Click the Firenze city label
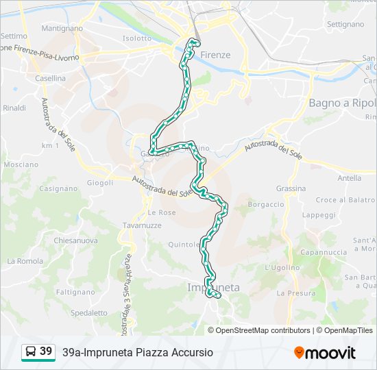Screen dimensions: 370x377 215,55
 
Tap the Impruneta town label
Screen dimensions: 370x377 213,288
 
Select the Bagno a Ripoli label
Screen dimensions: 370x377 342,103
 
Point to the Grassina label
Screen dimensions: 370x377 291,188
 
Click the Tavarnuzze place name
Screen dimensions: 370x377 143,225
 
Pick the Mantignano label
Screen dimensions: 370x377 62,29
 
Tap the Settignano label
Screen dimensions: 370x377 345,23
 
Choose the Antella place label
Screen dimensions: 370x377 349,178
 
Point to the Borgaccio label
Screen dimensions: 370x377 265,204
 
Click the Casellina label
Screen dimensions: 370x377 51,78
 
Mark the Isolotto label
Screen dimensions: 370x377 136,38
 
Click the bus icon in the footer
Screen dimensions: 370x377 30,352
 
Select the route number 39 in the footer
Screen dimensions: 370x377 46,351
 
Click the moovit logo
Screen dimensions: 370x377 325,353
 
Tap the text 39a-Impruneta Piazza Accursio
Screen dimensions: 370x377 137,352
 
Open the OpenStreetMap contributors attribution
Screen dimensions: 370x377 264,330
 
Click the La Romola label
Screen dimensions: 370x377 25,261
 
